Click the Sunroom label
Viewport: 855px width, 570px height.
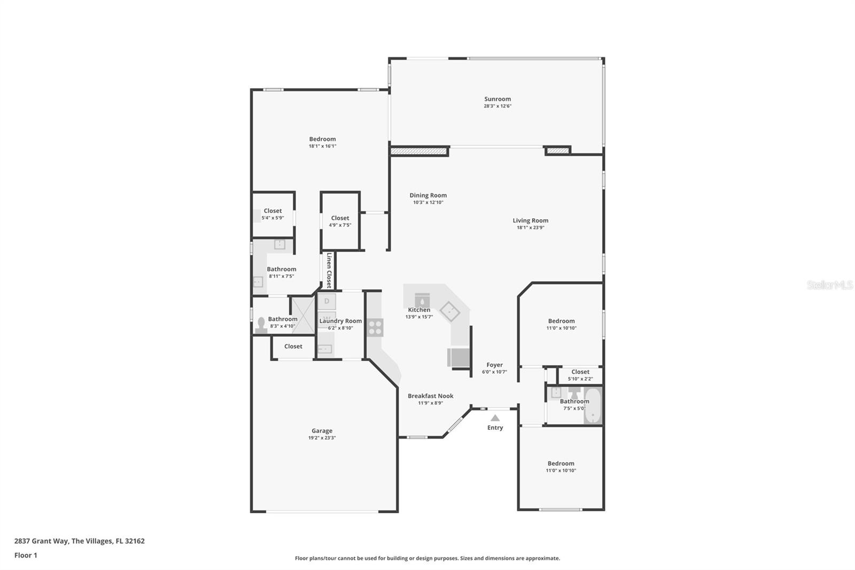(x=498, y=99)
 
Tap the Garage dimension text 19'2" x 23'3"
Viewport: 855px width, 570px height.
(x=322, y=438)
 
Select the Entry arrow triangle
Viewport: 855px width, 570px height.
(x=495, y=418)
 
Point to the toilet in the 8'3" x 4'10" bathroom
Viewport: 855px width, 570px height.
(x=261, y=326)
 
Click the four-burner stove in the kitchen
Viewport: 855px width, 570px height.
(x=375, y=327)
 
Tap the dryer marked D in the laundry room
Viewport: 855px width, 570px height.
(x=327, y=302)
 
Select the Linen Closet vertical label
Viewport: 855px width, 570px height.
(x=329, y=270)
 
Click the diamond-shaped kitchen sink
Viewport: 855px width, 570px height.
(x=450, y=311)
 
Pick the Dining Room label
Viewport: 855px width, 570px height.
(x=428, y=195)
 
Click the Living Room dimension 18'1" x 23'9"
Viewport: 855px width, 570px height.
(x=530, y=228)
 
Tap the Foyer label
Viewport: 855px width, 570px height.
(x=494, y=365)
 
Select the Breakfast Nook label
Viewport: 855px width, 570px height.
(x=430, y=396)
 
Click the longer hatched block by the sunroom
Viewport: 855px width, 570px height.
(x=419, y=152)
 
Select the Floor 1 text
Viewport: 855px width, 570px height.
(x=26, y=556)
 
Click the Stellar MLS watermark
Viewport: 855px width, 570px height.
(x=829, y=286)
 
